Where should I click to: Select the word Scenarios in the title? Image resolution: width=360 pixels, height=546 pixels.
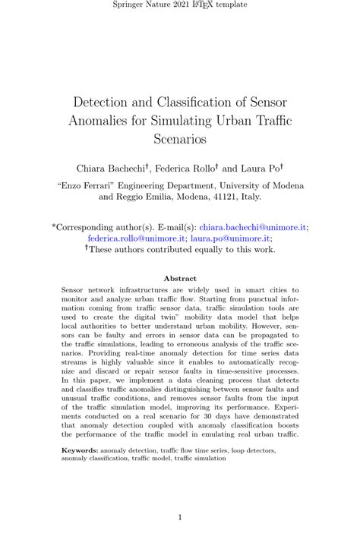(180, 139)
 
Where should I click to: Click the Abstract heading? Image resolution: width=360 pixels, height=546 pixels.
(180, 279)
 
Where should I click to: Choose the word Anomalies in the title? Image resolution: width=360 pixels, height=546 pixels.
(98, 120)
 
